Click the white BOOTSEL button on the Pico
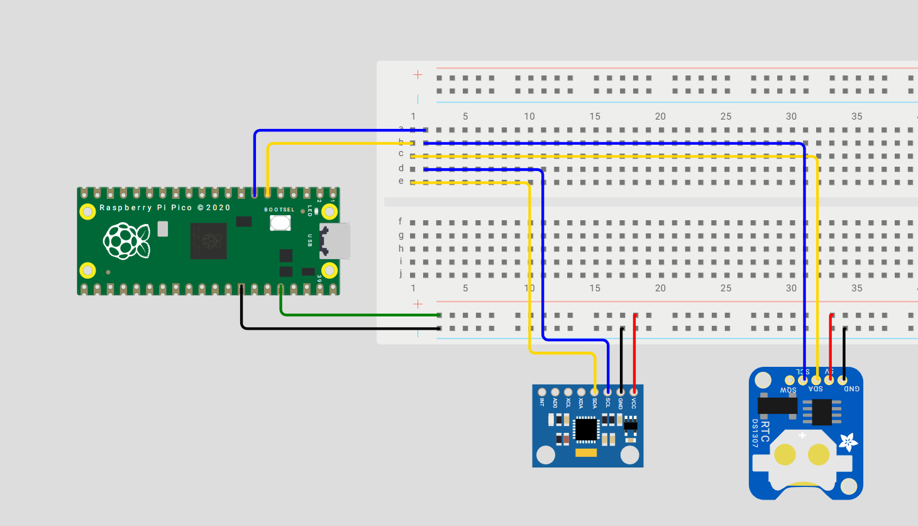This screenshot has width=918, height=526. point(280,223)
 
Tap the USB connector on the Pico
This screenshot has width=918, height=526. point(335,241)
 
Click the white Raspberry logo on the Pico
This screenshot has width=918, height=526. point(126,241)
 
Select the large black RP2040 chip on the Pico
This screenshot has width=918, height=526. point(208,241)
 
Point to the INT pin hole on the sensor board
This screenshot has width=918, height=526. point(542,393)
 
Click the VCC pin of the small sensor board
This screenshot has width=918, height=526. point(634,393)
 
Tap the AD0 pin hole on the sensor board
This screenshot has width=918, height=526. point(555,393)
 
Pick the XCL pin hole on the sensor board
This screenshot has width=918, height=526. point(568,393)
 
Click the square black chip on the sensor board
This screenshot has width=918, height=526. point(586,429)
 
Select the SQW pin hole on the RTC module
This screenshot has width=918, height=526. point(790,380)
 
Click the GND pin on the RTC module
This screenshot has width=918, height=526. point(843,380)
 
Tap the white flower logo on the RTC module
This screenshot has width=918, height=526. point(848,442)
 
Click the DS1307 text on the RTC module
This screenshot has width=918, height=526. point(755,433)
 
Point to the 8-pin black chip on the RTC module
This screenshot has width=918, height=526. point(821,412)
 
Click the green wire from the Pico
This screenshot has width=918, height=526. point(352,315)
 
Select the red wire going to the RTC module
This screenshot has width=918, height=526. point(831,346)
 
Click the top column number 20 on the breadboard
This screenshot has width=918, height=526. point(660,116)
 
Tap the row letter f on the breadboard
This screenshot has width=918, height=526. point(400,221)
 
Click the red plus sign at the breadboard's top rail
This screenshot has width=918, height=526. point(418,75)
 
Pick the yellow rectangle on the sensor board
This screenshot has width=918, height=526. point(586,452)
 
